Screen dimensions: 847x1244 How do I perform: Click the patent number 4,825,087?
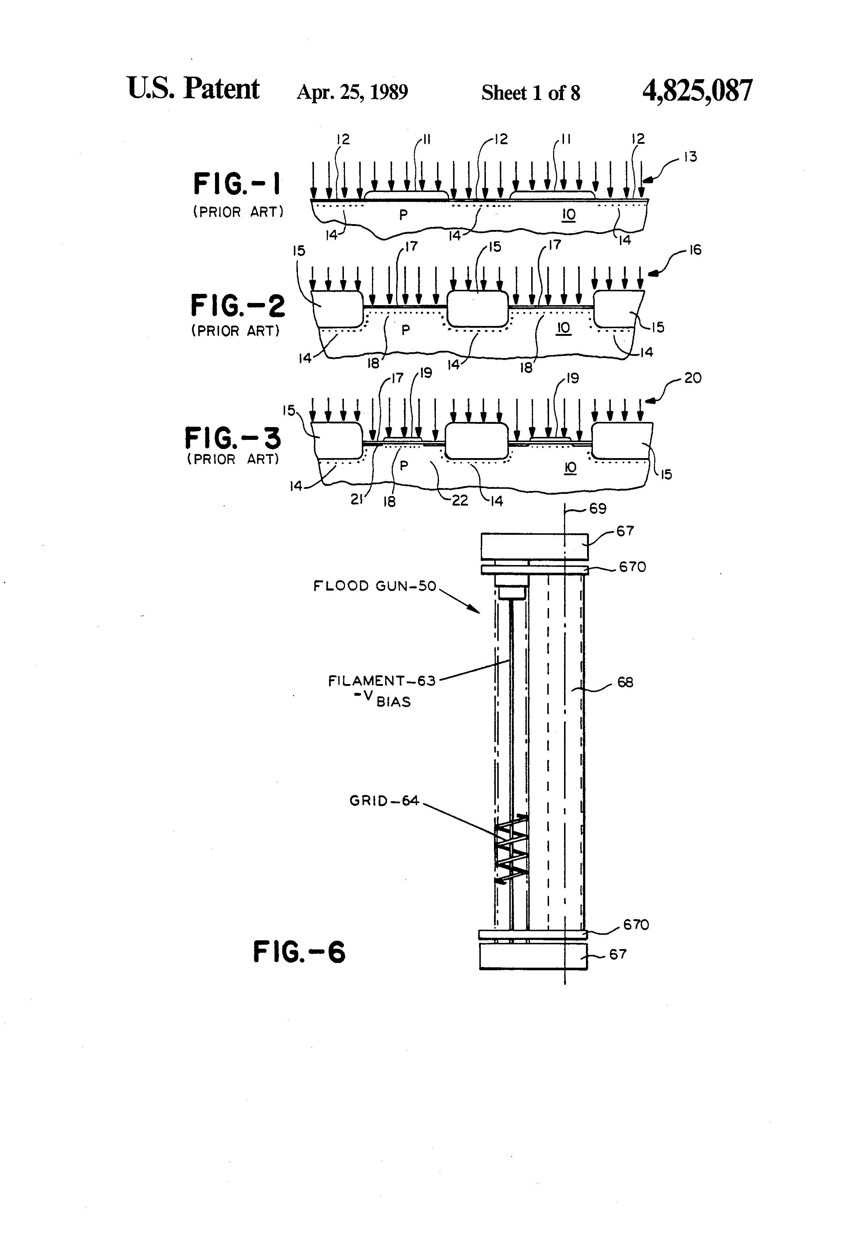pos(697,91)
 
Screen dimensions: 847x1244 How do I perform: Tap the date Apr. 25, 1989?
pos(352,92)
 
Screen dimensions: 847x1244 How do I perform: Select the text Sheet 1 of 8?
pos(530,93)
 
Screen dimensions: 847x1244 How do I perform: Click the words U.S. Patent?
pos(193,88)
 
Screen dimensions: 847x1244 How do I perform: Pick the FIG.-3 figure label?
pos(233,438)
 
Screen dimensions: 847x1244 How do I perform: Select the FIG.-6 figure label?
pos(299,952)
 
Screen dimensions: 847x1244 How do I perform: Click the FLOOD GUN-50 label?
pos(375,586)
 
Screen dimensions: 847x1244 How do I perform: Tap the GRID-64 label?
pos(384,801)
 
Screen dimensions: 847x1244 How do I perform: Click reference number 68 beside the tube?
pos(625,683)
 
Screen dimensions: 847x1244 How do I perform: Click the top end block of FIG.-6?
pos(534,546)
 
